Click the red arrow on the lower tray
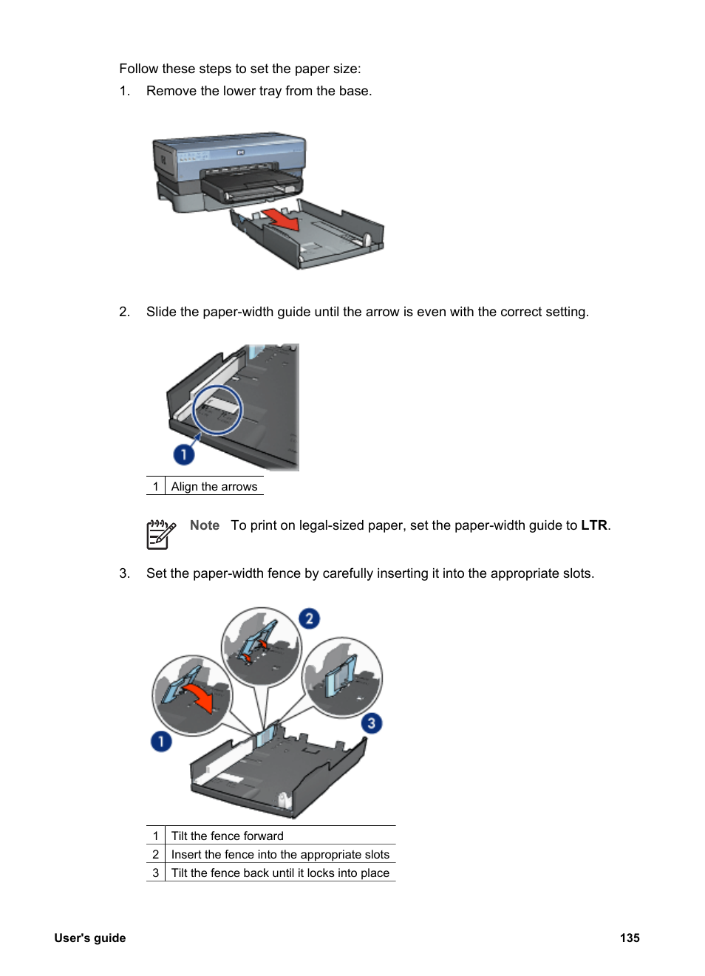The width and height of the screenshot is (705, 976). click(281, 219)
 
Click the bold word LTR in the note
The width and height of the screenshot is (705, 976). click(593, 525)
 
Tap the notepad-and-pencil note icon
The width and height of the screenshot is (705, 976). click(160, 534)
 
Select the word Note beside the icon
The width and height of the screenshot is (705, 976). click(204, 525)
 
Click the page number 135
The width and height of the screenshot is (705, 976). click(630, 938)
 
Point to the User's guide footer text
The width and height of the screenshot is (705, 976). click(89, 938)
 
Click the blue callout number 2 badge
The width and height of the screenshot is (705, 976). click(309, 618)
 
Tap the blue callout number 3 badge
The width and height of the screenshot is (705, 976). click(372, 723)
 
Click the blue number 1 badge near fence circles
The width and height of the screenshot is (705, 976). click(161, 741)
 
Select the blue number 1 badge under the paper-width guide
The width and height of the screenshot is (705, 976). click(183, 454)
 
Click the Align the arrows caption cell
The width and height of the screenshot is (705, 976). click(214, 486)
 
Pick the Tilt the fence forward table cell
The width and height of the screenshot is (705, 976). click(227, 836)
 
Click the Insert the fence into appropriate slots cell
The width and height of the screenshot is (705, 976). click(280, 854)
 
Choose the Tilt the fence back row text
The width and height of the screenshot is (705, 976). click(280, 873)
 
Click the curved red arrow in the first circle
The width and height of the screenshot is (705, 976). click(200, 697)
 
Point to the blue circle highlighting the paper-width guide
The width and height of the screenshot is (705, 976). click(217, 409)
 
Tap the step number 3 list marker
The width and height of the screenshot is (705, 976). click(124, 573)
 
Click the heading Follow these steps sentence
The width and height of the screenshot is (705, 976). click(240, 69)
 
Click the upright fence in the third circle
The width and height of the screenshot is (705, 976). click(342, 676)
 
